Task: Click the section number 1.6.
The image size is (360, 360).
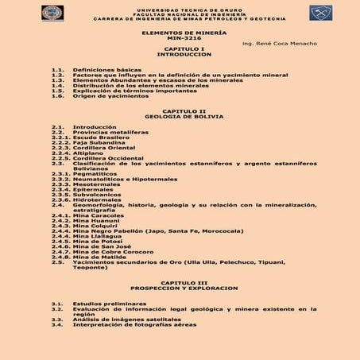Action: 56,96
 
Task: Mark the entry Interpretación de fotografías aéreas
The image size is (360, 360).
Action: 133,324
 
